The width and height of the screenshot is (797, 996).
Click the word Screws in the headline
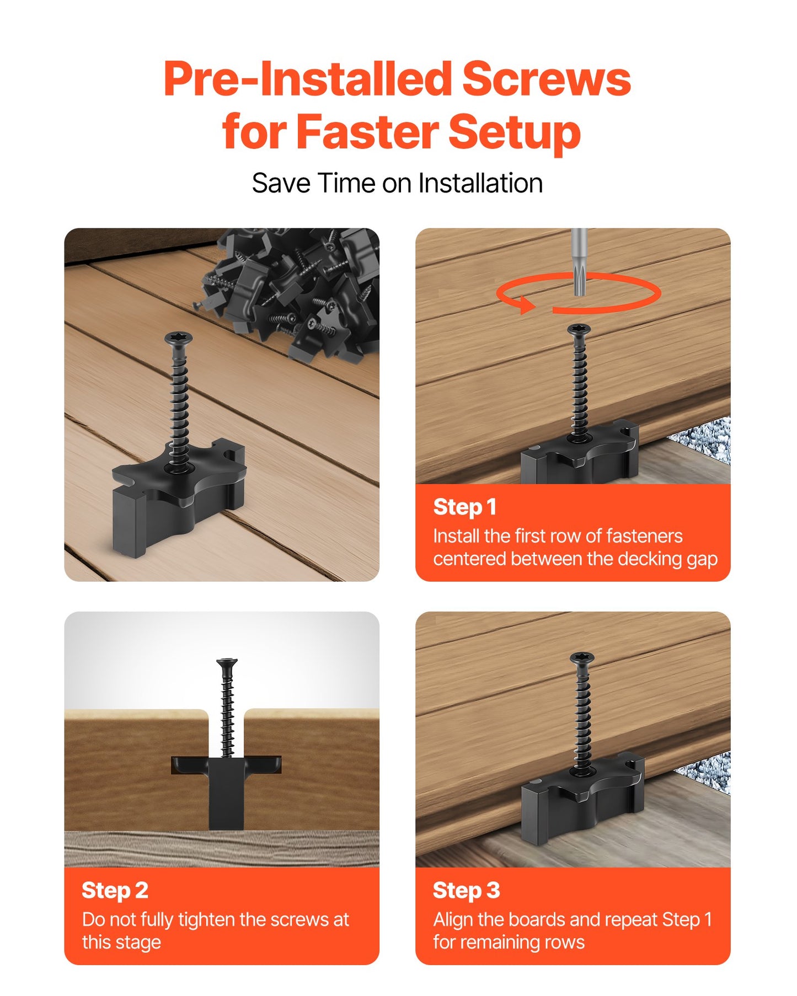tap(545, 79)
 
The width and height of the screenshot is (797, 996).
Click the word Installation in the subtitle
tap(480, 183)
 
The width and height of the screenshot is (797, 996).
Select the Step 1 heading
tap(464, 507)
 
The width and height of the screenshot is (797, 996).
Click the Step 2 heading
tap(115, 890)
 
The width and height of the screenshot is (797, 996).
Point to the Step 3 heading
tap(466, 890)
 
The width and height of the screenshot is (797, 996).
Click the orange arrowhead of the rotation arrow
tap(526, 303)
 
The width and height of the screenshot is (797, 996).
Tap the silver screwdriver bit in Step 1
tap(579, 259)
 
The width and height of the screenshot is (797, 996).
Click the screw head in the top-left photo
tap(178, 338)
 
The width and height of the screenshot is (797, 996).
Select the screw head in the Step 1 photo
tap(579, 329)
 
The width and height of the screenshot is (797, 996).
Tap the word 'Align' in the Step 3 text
tap(453, 920)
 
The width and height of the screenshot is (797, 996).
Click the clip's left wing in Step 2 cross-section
tap(190, 764)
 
